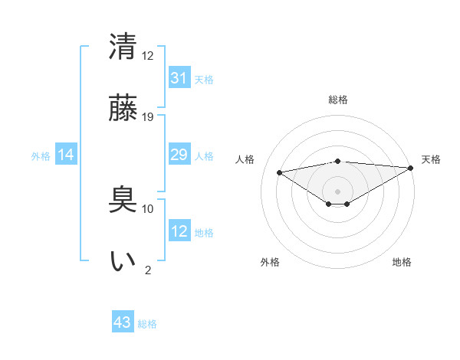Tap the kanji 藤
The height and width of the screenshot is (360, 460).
click(x=123, y=108)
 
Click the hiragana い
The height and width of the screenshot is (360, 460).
click(x=123, y=260)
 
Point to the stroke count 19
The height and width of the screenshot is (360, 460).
click(x=148, y=117)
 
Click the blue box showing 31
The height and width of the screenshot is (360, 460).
click(x=179, y=77)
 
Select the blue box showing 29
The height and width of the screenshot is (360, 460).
click(x=179, y=155)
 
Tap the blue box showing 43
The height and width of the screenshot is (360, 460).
click(x=123, y=322)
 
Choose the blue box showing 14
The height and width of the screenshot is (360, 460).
click(x=66, y=155)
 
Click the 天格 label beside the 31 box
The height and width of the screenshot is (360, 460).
click(x=204, y=79)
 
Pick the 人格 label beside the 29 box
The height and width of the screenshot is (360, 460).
click(x=204, y=156)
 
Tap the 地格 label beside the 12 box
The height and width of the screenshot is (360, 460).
click(x=204, y=233)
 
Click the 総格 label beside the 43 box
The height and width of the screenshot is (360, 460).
click(x=147, y=324)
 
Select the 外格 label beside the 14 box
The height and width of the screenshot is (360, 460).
click(x=41, y=156)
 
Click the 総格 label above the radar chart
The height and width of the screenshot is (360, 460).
click(x=338, y=100)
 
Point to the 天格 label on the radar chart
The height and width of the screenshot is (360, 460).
click(x=431, y=159)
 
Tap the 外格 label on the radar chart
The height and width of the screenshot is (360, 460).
click(x=270, y=262)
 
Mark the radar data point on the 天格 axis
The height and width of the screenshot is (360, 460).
click(x=412, y=168)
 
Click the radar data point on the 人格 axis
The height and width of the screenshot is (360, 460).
click(x=279, y=172)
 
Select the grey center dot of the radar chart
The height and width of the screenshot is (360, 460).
click(x=337, y=191)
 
